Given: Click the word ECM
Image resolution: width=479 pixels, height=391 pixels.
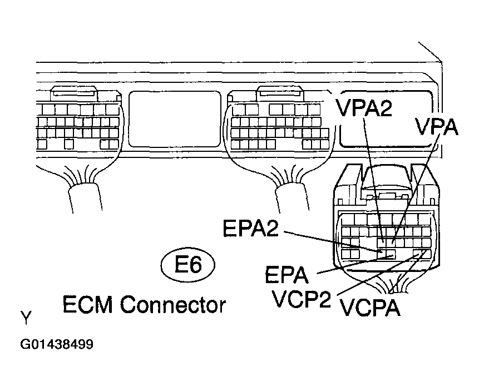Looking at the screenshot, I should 89,304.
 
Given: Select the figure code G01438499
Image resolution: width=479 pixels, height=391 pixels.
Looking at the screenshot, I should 57,344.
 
